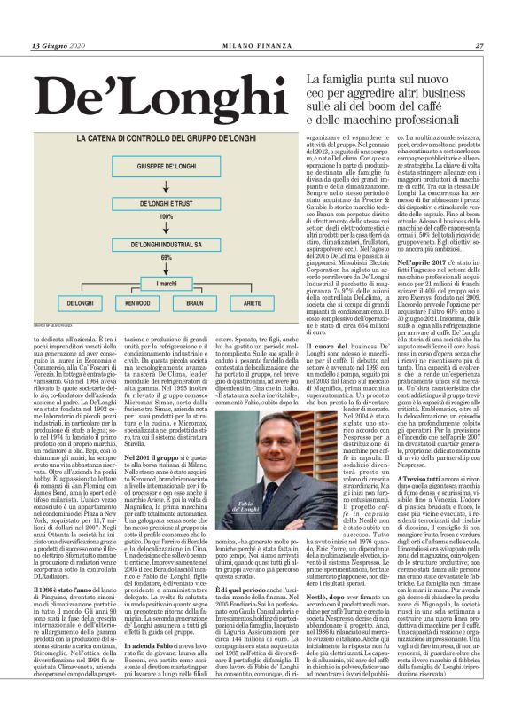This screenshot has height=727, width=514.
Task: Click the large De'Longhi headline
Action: tap(145, 90)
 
